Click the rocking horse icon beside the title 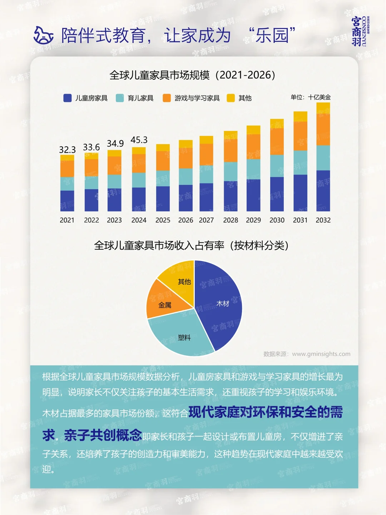pyautogui.click(x=43, y=35)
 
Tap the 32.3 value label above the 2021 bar pyautogui.click(x=67, y=149)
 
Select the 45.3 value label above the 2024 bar pyautogui.click(x=139, y=140)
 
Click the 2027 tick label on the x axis pyautogui.click(x=206, y=220)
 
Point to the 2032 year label pyautogui.click(x=323, y=220)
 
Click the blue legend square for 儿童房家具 pyautogui.click(x=68, y=98)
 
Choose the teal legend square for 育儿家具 pyautogui.click(x=120, y=98)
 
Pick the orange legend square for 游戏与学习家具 pyautogui.click(x=167, y=98)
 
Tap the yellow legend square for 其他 pyautogui.click(x=231, y=98)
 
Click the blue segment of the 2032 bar pyautogui.click(x=323, y=191)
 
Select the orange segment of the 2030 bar pyautogui.click(x=277, y=142)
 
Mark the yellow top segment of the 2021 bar pyautogui.click(x=67, y=158)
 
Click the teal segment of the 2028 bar pyautogui.click(x=231, y=172)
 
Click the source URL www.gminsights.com pyautogui.click(x=321, y=354)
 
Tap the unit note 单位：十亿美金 pyautogui.click(x=311, y=97)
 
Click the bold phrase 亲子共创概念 pyautogui.click(x=103, y=435)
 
